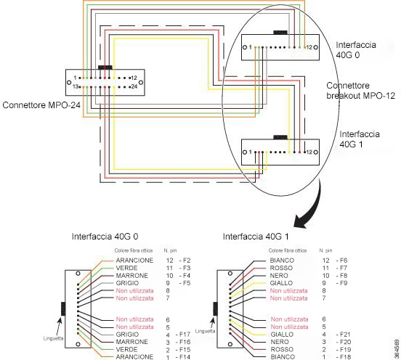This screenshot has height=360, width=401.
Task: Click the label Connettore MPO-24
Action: [41, 105]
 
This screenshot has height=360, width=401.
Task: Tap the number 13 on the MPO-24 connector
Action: [76, 87]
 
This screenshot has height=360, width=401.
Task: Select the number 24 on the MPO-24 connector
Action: [134, 87]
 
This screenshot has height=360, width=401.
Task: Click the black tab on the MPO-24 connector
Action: [105, 67]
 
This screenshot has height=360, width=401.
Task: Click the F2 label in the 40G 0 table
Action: [185, 261]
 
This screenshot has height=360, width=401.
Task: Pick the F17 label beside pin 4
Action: [183, 335]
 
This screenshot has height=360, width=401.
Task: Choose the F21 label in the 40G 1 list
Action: [343, 335]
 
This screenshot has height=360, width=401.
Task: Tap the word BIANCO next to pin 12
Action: [282, 261]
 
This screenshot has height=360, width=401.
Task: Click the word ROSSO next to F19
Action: [282, 349]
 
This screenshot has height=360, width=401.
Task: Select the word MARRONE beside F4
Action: [132, 276]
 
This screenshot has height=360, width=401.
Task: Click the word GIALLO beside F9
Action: [281, 283]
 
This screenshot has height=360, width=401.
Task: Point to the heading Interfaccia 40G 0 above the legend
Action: [105, 237]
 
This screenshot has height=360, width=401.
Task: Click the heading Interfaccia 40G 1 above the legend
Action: [256, 237]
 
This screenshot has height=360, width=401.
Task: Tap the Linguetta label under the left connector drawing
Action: [53, 338]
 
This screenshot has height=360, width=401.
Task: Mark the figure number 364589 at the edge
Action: [397, 348]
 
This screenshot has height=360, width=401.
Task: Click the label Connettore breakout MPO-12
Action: [360, 91]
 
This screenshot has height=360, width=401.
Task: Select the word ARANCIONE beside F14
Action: [134, 356]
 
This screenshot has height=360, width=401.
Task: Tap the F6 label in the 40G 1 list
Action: [341, 261]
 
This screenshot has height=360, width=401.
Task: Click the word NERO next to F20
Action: [280, 342]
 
